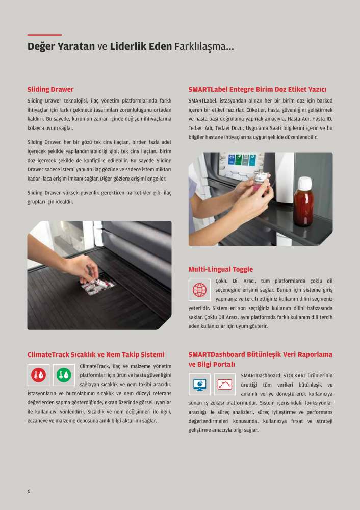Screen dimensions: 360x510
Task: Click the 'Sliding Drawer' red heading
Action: tap(50, 89)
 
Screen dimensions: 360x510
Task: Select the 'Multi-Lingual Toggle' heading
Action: tap(220, 269)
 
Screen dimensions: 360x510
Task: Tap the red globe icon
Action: tap(200, 290)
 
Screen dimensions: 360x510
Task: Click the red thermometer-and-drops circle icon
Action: tap(38, 375)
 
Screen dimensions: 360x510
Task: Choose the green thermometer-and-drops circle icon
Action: tap(64, 375)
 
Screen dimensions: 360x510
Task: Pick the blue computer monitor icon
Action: tap(199, 385)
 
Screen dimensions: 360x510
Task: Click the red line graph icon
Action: tap(225, 385)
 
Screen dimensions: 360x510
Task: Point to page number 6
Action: tap(29, 491)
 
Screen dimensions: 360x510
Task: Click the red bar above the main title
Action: tap(44, 35)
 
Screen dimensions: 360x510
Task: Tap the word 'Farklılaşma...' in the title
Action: tap(204, 47)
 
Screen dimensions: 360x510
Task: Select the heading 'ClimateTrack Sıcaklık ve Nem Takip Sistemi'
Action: tap(96, 354)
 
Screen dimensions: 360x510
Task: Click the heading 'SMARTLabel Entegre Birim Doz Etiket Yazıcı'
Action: tap(258, 89)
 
